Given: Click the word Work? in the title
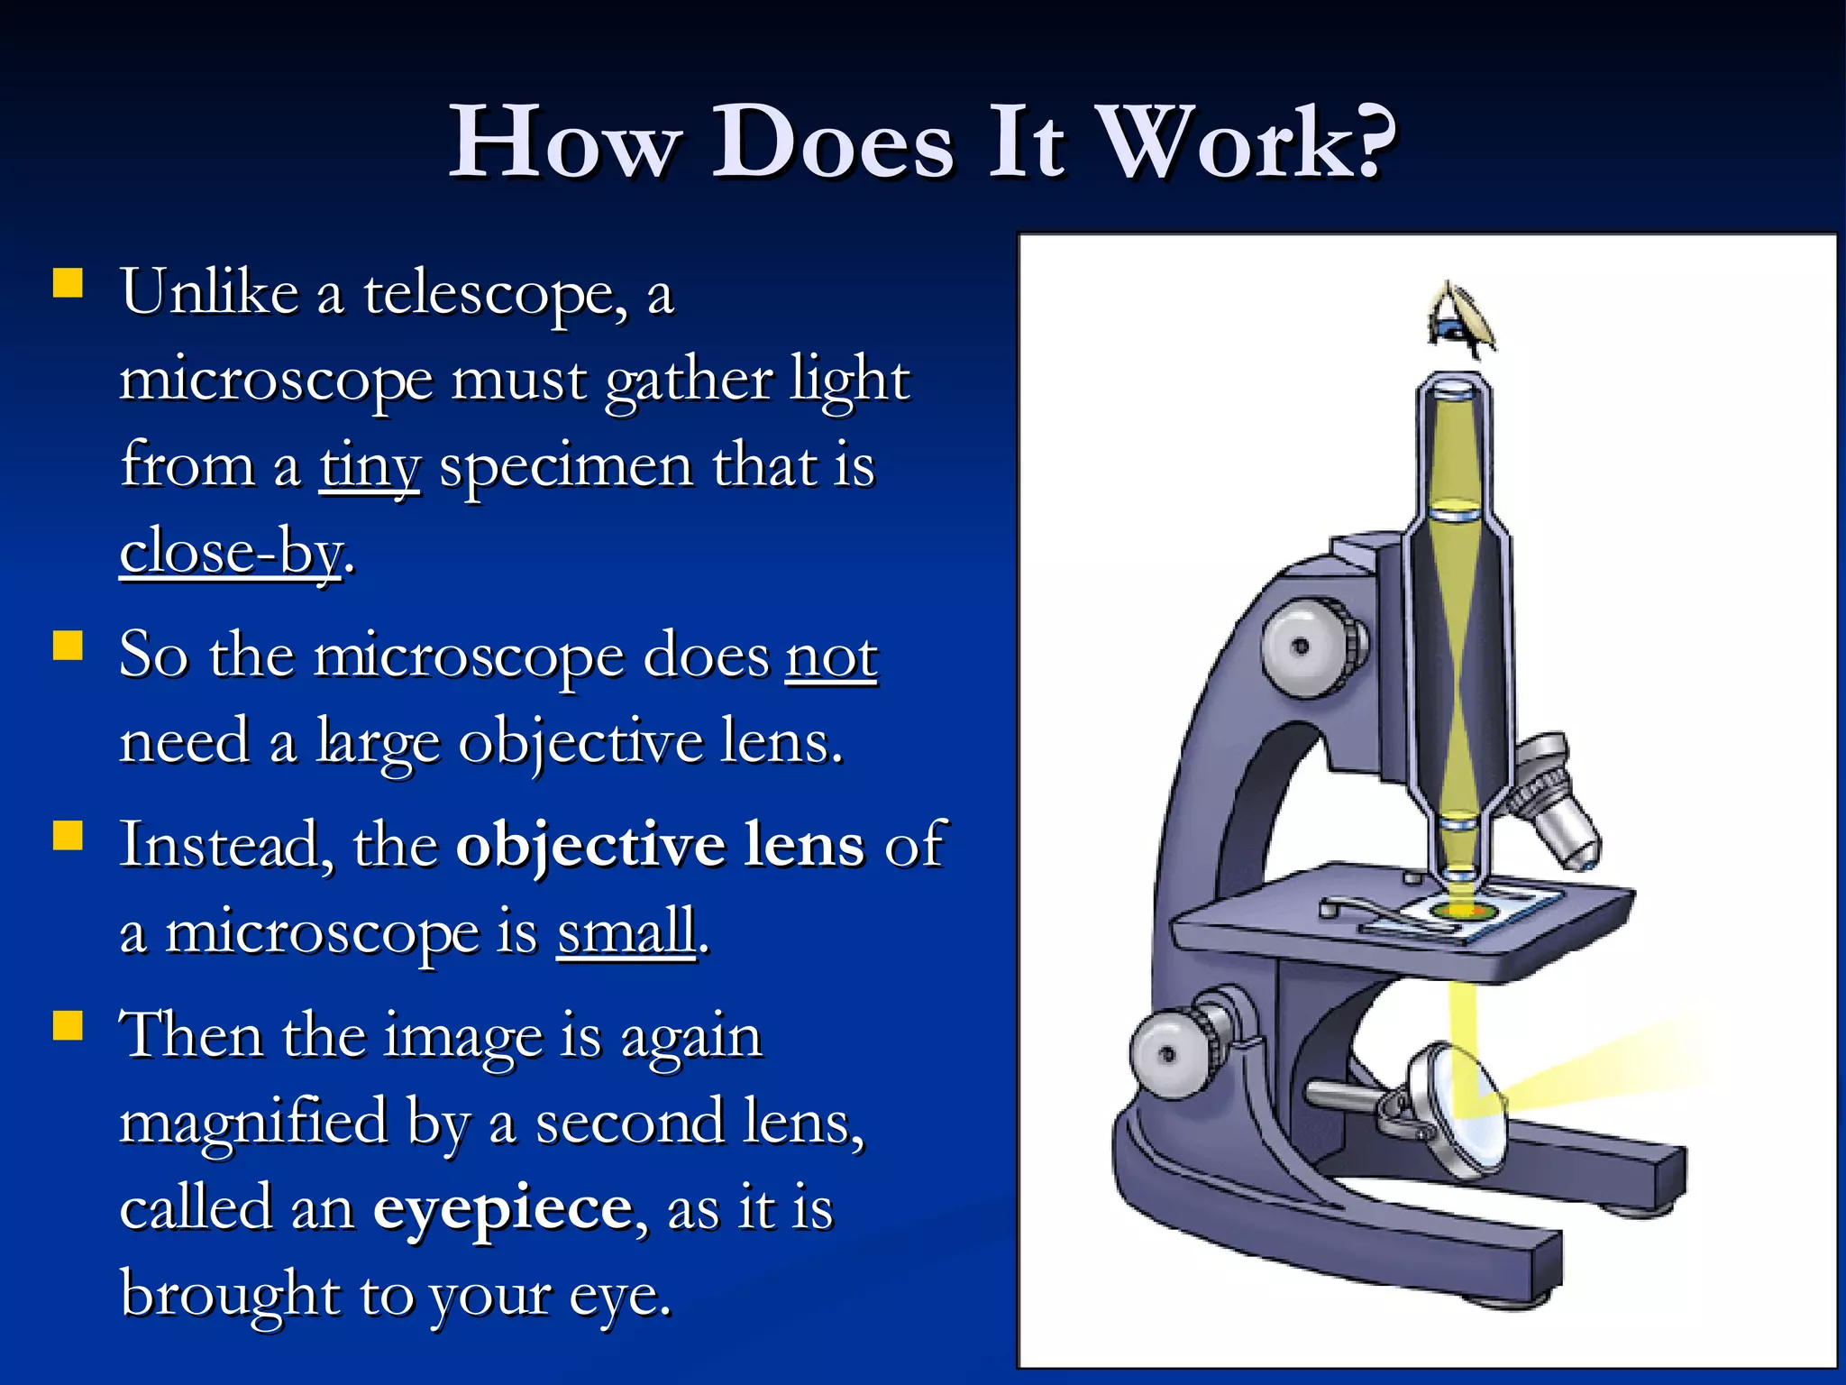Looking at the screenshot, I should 1248,142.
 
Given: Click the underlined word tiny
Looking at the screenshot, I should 370,467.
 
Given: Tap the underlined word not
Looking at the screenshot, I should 831,656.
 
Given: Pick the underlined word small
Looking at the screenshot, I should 626,931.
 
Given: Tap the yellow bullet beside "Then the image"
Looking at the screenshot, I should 69,1027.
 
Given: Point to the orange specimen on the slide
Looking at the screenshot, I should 1461,912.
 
